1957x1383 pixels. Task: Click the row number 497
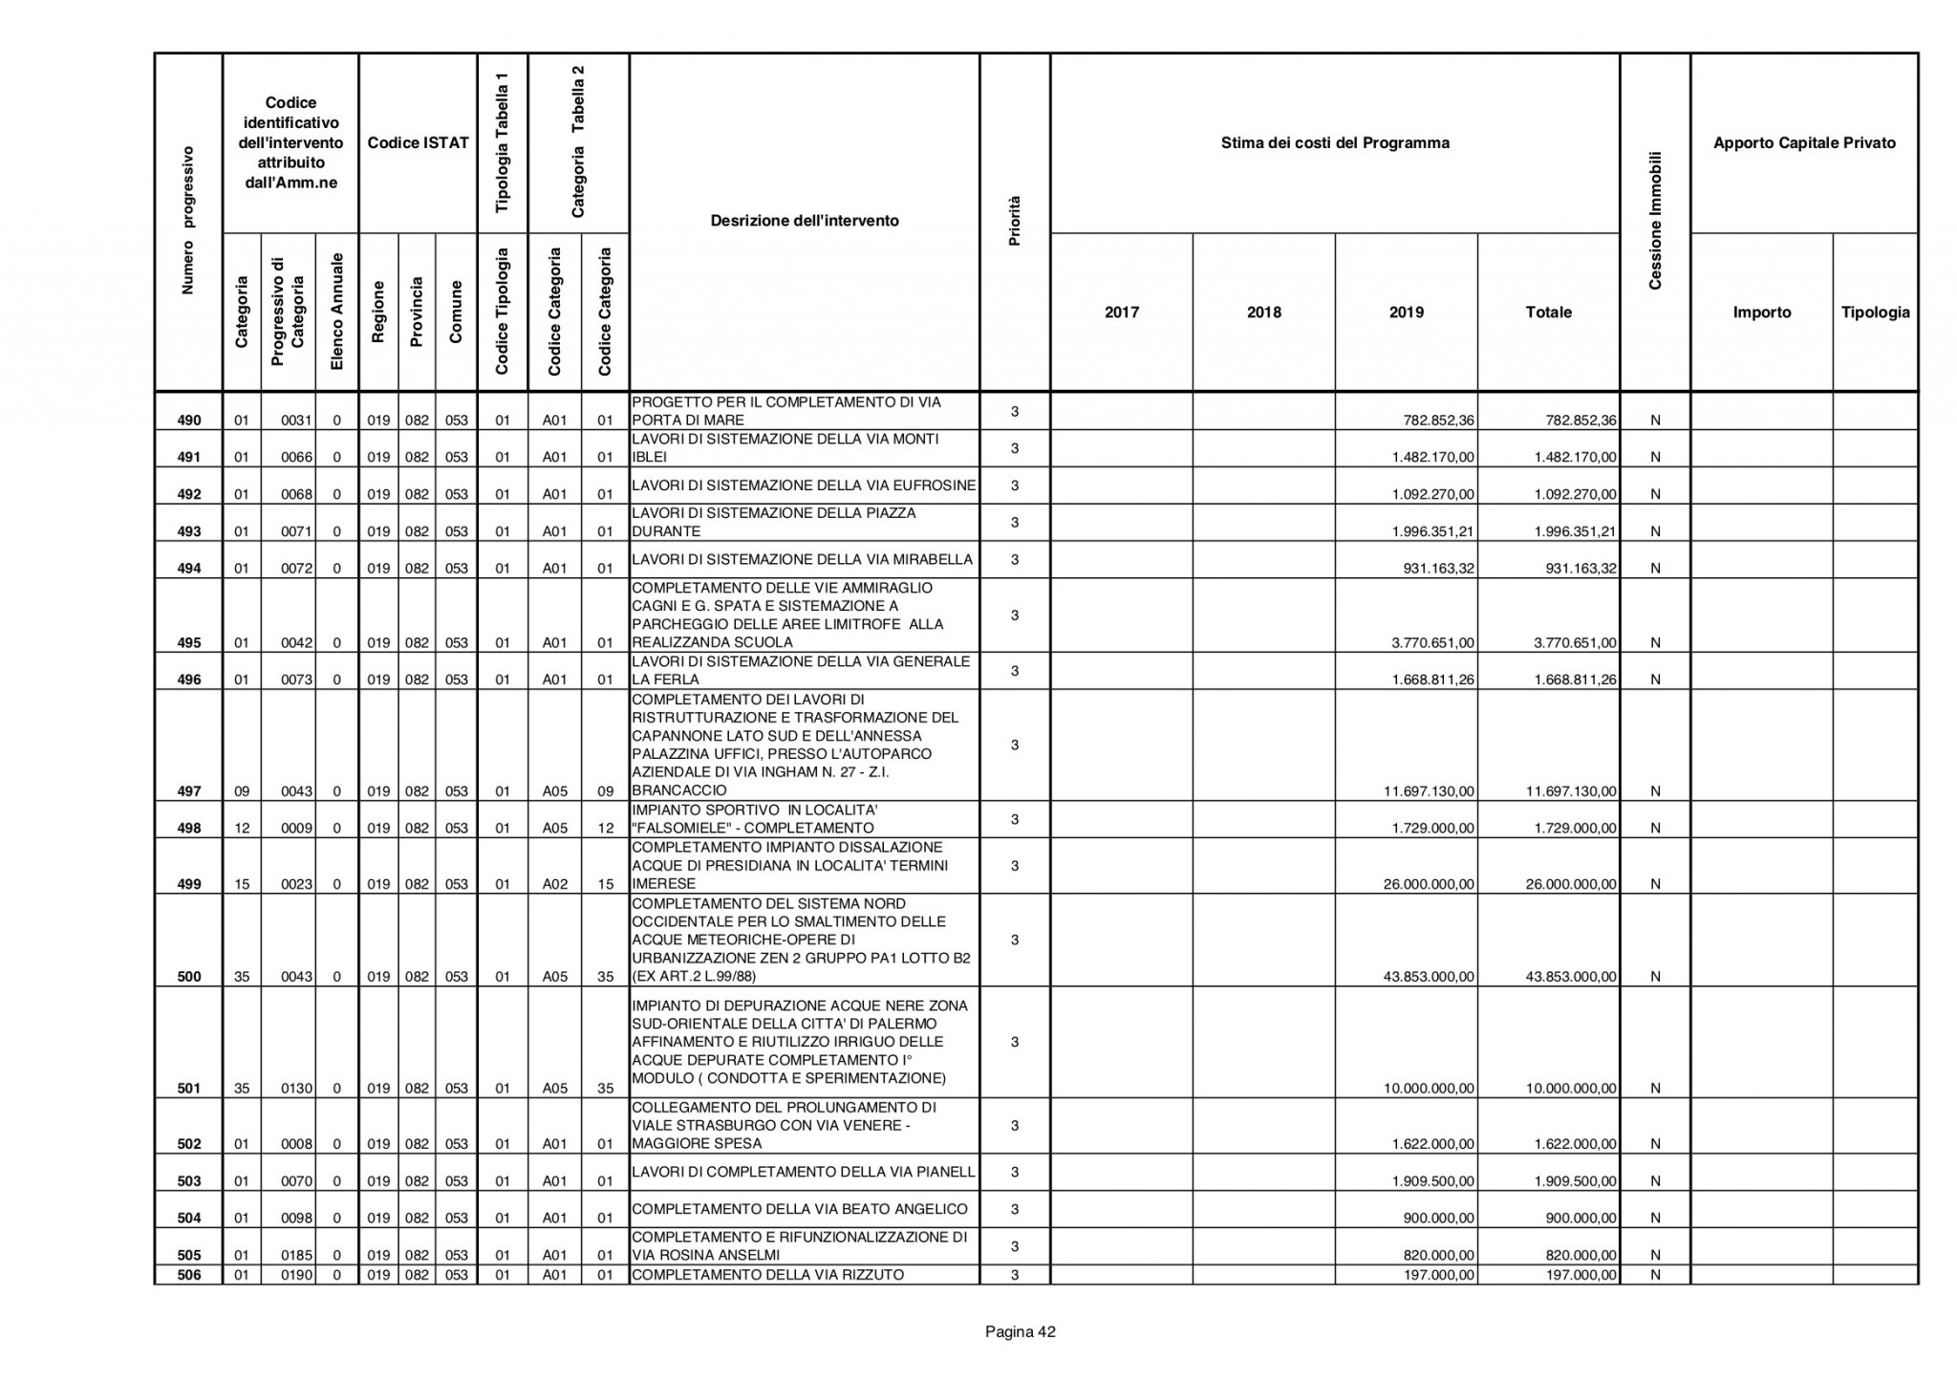[x=189, y=791]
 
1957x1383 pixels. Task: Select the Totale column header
[x=1548, y=313]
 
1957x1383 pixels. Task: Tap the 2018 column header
[x=1263, y=313]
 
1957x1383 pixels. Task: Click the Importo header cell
[x=1761, y=313]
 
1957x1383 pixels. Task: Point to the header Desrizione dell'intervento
[x=805, y=221]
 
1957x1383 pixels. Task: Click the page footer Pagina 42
[x=1020, y=1331]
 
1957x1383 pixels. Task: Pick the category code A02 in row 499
[x=555, y=884]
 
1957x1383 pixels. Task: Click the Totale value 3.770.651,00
[x=1575, y=643]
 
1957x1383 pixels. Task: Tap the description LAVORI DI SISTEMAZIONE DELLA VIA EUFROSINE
[x=804, y=486]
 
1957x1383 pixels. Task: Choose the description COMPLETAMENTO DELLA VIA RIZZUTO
[x=767, y=1275]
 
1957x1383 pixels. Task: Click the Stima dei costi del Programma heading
[x=1335, y=143]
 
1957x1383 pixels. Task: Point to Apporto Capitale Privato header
[x=1804, y=143]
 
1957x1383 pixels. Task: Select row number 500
[x=189, y=977]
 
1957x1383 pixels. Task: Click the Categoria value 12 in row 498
[x=242, y=829]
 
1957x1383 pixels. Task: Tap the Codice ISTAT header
[x=418, y=143]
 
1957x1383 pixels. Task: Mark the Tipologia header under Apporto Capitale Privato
[x=1875, y=313]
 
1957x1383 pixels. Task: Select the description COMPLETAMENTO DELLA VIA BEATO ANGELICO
[x=800, y=1210]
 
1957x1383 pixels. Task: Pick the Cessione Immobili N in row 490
[x=1655, y=421]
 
